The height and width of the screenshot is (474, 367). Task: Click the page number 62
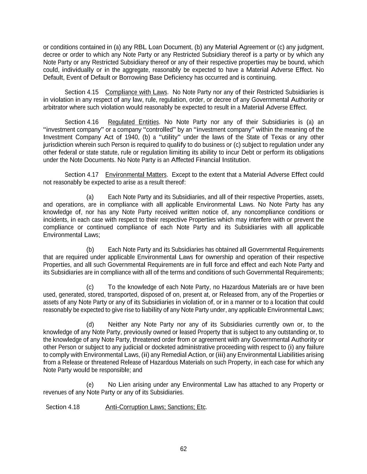183,449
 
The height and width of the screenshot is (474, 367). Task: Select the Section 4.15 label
81,92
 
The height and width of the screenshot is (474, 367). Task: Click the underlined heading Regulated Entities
133,122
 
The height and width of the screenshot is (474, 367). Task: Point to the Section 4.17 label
81,174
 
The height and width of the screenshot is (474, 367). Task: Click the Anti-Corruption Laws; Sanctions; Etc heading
155,407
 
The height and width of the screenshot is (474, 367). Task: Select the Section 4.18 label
63,407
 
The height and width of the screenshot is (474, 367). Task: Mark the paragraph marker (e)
90,385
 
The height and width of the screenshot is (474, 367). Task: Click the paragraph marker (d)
90,325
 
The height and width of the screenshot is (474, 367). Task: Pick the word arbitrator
55,107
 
